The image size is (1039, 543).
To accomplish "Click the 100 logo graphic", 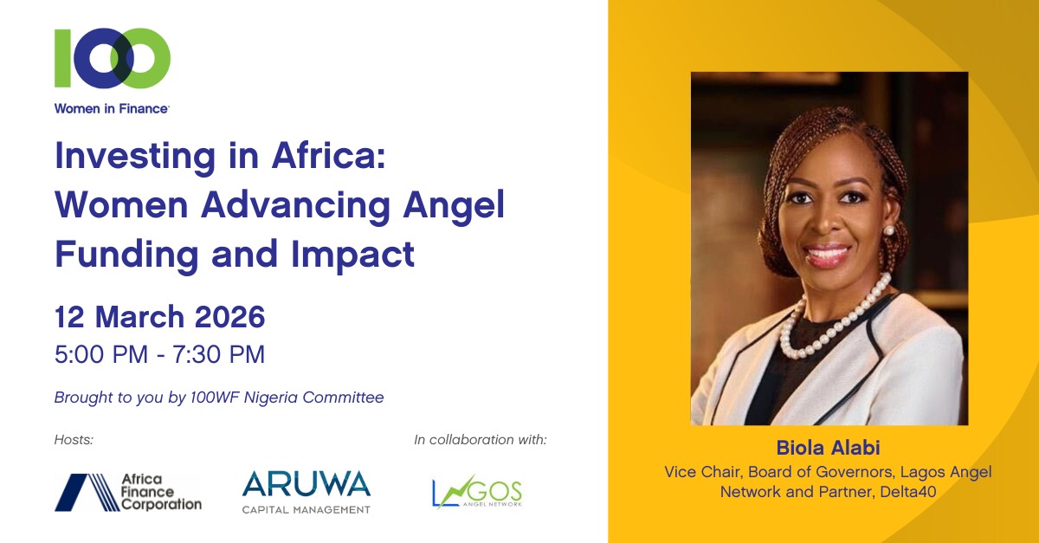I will point(112,58).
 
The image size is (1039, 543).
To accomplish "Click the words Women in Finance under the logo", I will point(112,108).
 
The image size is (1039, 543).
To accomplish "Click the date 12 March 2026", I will point(159,317).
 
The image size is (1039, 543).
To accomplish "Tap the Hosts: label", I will point(74,440).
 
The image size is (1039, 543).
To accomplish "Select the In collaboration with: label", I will point(481,440).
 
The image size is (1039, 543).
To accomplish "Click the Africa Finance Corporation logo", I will point(128,492).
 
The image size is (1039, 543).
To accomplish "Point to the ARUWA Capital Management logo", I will point(306,491).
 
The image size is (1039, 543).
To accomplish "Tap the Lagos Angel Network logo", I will point(477,493).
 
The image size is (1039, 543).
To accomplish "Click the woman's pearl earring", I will point(887,230).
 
